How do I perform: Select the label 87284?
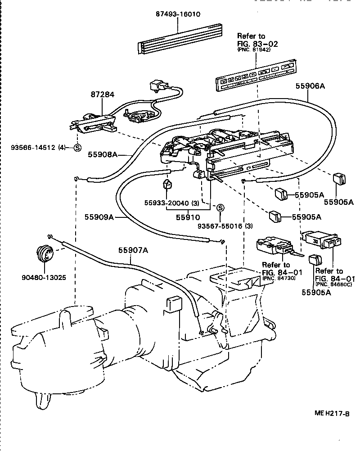103,95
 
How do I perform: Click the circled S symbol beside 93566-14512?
77,147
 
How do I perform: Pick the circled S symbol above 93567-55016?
220,207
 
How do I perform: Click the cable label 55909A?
99,217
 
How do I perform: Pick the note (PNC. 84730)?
278,279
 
